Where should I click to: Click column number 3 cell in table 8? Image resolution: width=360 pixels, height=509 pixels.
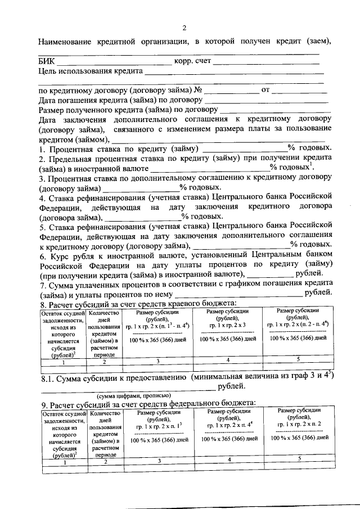[x=159, y=361]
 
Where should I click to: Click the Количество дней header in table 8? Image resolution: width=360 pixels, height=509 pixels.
[x=105, y=332]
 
